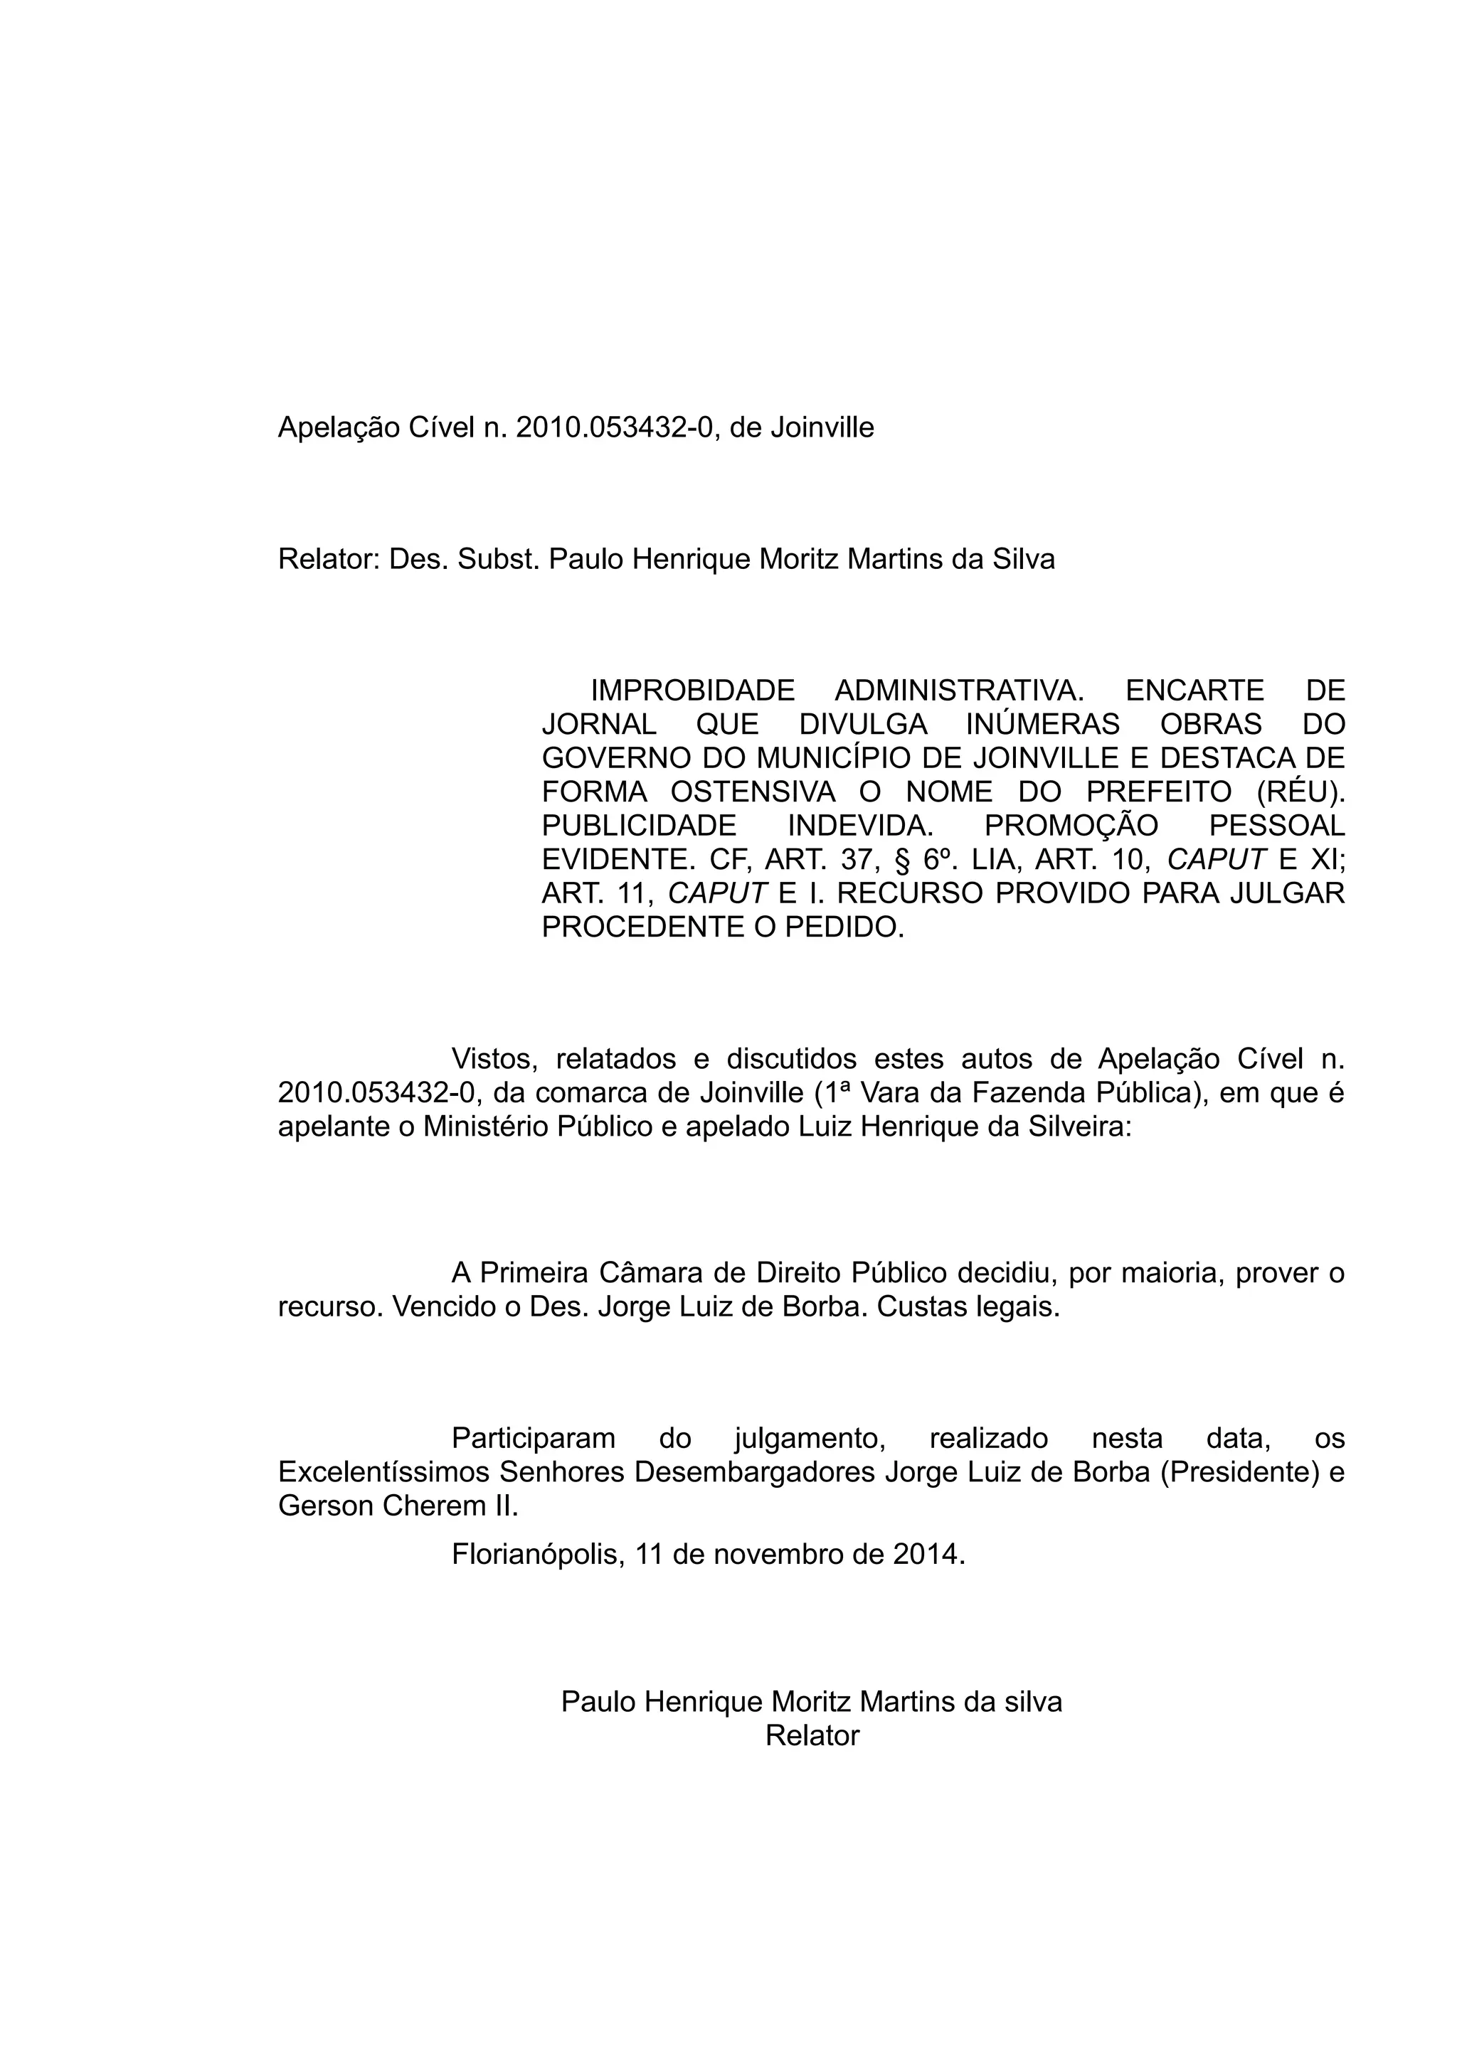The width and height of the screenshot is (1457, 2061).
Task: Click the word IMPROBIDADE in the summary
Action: (x=692, y=691)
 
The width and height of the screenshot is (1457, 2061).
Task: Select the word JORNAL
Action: (x=599, y=725)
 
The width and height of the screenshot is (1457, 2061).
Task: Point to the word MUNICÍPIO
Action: (x=831, y=759)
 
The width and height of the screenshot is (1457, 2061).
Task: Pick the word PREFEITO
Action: (x=1158, y=793)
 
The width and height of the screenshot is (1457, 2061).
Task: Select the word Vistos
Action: (x=494, y=1059)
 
